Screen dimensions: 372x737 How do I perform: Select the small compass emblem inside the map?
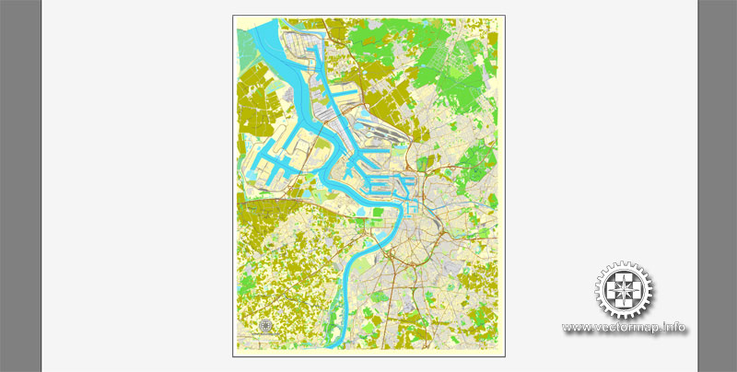point(266,325)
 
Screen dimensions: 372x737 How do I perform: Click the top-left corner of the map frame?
point(233,14)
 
